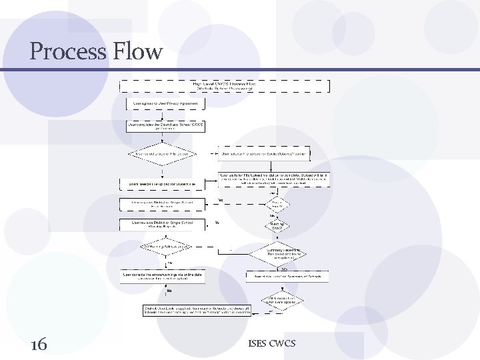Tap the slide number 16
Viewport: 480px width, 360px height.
39,344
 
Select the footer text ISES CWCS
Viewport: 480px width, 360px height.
271,344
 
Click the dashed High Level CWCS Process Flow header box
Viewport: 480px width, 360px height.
224,86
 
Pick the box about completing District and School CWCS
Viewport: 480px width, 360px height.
166,125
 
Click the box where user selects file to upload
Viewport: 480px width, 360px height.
264,154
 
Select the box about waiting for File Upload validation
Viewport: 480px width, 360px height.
273,179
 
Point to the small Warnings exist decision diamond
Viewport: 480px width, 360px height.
277,226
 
